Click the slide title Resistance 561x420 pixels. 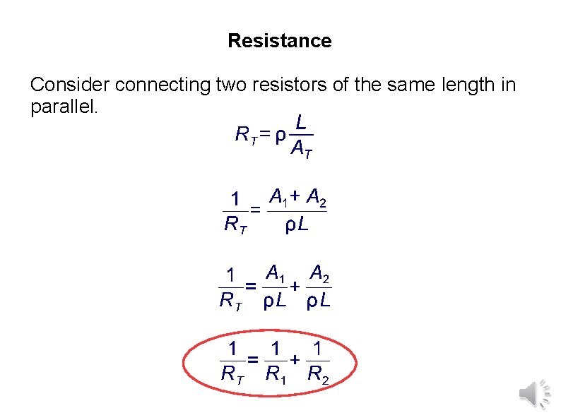coord(279,41)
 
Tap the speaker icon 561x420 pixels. coord(533,392)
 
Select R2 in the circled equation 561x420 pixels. coord(318,373)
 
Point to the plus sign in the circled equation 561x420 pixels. coord(296,359)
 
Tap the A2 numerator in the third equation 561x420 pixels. coord(319,272)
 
